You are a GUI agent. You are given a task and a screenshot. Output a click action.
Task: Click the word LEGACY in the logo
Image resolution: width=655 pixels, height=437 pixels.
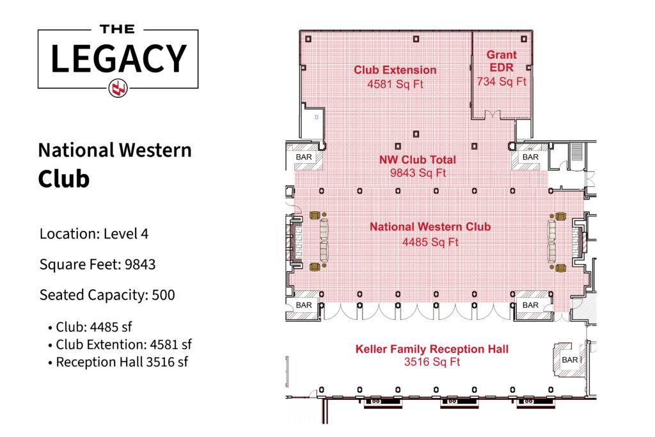118,58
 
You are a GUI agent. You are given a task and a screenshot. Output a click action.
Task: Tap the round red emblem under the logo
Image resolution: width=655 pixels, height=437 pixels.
118,88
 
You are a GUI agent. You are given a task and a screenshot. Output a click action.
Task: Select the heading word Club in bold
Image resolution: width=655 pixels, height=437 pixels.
64,179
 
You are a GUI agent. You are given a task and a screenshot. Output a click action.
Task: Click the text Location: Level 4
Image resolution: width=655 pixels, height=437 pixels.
94,234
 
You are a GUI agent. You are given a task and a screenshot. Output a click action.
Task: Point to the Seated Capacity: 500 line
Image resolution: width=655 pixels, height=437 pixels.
107,295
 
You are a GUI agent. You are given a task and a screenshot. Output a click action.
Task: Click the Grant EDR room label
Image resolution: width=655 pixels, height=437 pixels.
501,61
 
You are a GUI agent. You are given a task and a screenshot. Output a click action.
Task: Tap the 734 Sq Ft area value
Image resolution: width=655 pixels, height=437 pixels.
501,81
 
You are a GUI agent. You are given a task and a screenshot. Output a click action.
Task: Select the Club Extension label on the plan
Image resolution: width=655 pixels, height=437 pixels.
395,70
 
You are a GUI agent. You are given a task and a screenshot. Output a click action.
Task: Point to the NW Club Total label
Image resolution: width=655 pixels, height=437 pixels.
417,159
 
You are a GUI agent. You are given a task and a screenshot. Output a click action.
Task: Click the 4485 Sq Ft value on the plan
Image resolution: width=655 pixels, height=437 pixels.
430,242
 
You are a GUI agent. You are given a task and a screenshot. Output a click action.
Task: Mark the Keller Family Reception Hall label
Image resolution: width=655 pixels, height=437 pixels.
432,349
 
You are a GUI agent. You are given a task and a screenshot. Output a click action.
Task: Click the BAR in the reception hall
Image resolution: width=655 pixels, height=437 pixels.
570,360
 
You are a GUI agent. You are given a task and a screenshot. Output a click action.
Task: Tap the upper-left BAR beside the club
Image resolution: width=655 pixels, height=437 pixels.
304,157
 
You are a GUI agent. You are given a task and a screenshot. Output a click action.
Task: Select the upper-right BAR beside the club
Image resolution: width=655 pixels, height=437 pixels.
530,157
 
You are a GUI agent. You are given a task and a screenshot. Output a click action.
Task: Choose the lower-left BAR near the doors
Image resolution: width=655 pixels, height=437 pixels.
304,305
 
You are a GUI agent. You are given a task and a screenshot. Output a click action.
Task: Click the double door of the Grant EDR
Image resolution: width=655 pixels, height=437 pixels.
492,115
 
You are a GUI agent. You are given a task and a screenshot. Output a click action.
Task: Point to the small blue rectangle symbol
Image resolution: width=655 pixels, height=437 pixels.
316,117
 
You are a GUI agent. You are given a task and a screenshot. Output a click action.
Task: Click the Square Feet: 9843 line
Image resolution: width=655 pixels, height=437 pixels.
97,264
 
